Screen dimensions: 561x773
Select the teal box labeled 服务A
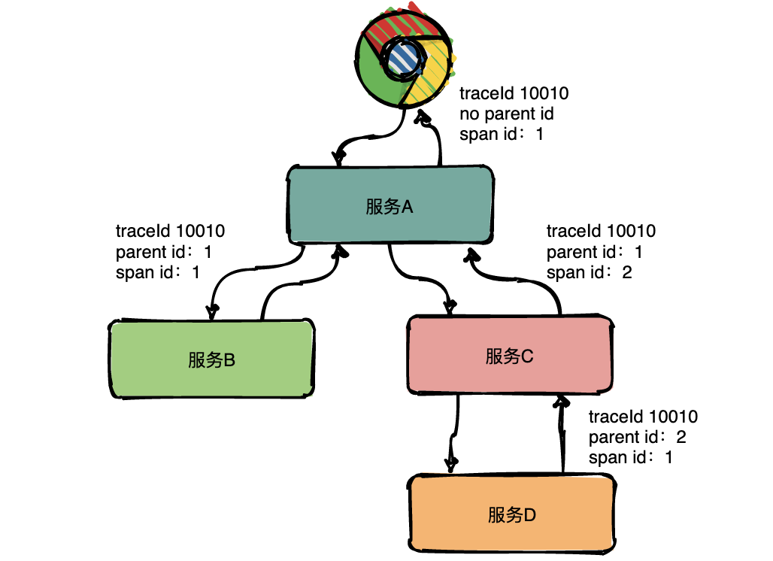click(390, 206)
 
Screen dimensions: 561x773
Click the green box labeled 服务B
click(211, 359)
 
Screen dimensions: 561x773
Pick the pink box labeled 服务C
click(508, 356)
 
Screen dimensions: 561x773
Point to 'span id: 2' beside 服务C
click(589, 272)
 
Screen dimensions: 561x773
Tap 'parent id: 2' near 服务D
click(637, 437)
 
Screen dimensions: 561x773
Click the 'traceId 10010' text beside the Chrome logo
click(514, 94)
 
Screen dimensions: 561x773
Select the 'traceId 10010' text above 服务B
click(170, 231)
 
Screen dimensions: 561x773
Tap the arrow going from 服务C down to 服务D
click(454, 432)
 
